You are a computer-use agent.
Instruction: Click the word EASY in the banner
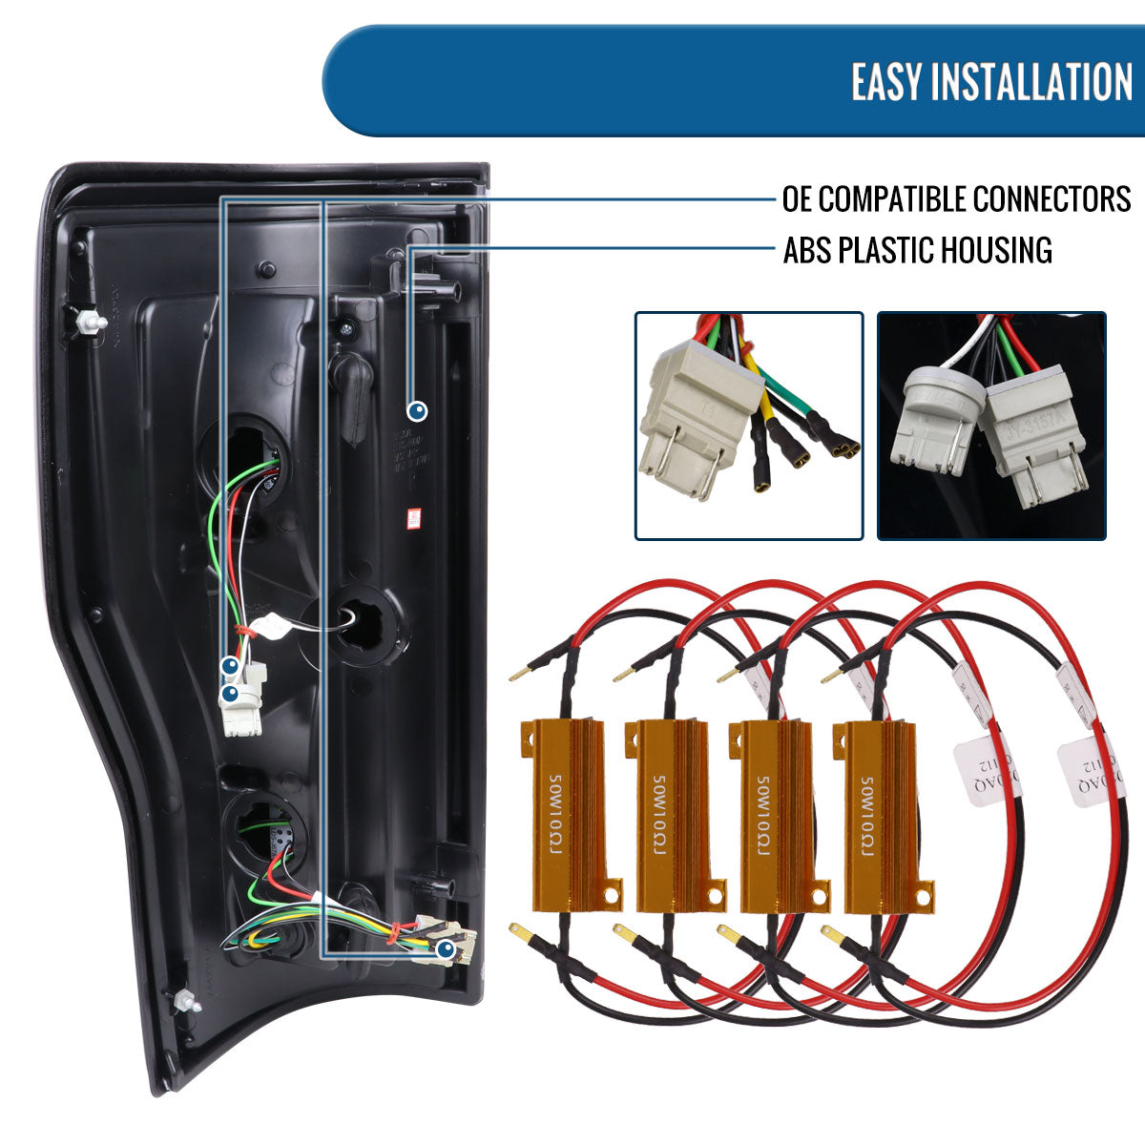(887, 81)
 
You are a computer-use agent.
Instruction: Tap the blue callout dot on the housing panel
(417, 411)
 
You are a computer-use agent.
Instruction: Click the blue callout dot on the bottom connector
(445, 949)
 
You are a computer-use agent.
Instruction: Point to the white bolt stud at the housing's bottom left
(185, 1002)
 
